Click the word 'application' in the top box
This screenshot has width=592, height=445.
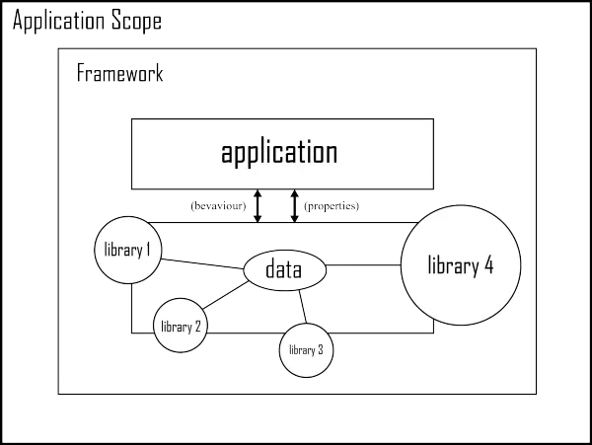pos(279,153)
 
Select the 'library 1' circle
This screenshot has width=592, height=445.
pos(127,250)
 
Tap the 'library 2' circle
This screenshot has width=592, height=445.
pos(181,326)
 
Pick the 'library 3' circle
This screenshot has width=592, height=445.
pos(306,349)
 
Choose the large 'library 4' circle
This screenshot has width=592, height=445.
pos(460,264)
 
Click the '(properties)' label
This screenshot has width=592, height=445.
pos(332,206)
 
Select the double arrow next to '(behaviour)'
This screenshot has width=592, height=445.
pos(257,206)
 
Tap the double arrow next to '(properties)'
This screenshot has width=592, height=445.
pos(295,206)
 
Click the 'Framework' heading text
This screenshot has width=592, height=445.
pos(120,74)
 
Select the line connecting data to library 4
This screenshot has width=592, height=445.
pos(363,264)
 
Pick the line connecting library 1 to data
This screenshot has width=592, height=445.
pos(202,263)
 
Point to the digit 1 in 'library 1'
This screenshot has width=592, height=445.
pos(148,249)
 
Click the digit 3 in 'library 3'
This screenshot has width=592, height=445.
pos(321,349)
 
